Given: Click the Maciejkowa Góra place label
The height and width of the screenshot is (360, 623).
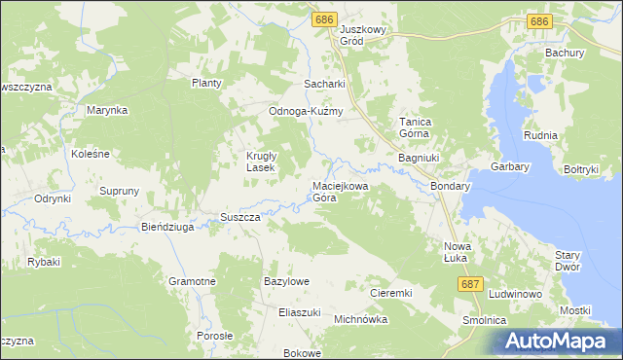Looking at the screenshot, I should (339, 191).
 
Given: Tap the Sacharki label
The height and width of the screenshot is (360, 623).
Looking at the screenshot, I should (325, 85).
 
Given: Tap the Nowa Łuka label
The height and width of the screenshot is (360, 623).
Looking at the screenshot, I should (457, 251).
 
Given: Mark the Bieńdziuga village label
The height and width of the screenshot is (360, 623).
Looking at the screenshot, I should (168, 227).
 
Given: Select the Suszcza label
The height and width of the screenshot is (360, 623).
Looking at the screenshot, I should (239, 217).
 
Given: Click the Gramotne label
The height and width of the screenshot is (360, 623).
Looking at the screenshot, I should (192, 280).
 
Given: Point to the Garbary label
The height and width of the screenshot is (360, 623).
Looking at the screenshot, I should (510, 166).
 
